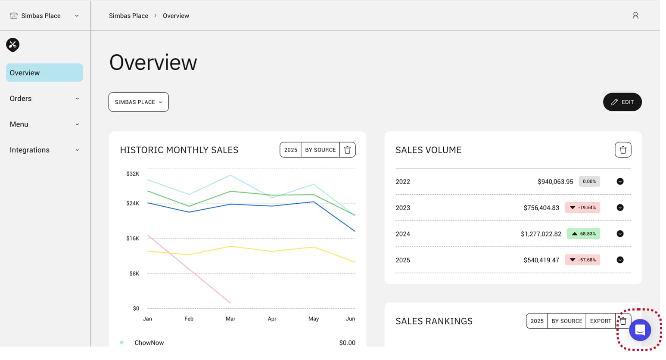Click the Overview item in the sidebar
(44, 73)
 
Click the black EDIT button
(622, 102)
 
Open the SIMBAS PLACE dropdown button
(138, 102)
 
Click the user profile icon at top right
(635, 16)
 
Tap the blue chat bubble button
(640, 330)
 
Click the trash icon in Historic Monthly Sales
(347, 150)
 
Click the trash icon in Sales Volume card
(622, 150)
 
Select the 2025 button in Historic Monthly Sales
(290, 150)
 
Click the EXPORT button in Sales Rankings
(601, 321)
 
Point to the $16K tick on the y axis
(133, 238)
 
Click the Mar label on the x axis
(230, 319)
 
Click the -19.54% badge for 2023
(582, 208)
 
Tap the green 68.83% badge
(583, 234)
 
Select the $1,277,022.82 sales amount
(541, 234)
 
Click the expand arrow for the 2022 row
(620, 181)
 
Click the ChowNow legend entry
(149, 343)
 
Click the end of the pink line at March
(230, 303)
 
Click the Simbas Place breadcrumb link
(128, 16)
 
